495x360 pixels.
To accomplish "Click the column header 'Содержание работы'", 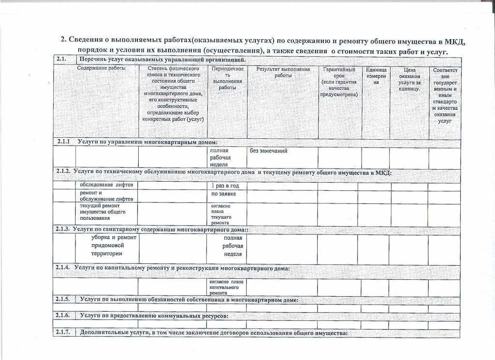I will (x=101, y=68).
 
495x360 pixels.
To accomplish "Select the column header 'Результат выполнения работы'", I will (x=283, y=72).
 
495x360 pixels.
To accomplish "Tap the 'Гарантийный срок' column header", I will (x=339, y=82).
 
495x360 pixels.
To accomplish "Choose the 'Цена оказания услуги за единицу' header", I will (x=409, y=79).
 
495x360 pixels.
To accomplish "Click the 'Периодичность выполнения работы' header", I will (x=226, y=78).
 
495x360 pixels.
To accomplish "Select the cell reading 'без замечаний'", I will (x=268, y=151).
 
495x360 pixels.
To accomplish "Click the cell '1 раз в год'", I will (x=225, y=186).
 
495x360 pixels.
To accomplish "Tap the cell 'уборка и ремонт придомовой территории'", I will (x=114, y=245).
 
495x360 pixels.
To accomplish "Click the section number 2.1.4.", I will (x=63, y=268).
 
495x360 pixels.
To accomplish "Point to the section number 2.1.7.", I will (x=63, y=333).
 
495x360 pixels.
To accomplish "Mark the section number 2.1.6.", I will (x=63, y=316).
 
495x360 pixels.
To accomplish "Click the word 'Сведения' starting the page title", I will (x=86, y=40).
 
